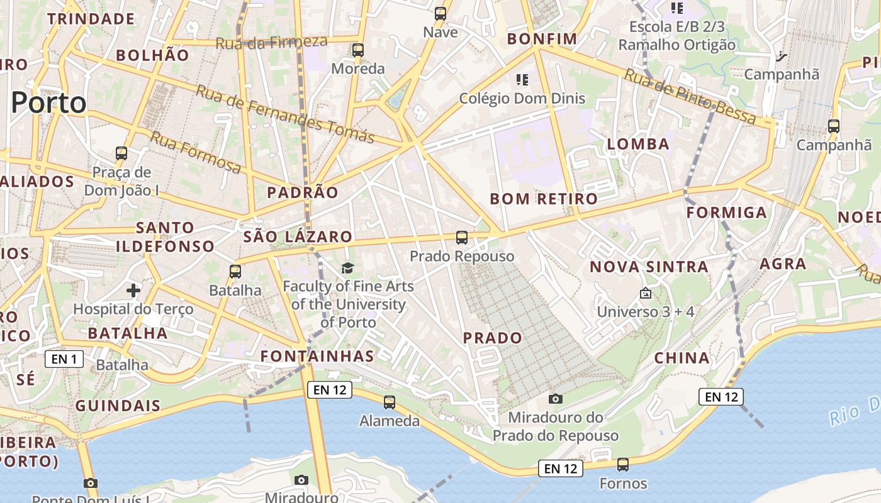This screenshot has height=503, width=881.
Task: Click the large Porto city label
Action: [x=48, y=103]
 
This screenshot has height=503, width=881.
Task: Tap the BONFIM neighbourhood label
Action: [x=542, y=39]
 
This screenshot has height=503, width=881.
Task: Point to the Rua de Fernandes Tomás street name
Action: [x=285, y=114]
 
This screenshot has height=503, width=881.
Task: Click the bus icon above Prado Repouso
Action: [x=462, y=238]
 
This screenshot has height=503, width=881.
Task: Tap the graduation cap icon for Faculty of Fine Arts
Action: [x=348, y=269]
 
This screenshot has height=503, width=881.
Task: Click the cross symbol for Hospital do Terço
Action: [x=133, y=290]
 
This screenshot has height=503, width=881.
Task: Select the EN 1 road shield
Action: [x=64, y=360]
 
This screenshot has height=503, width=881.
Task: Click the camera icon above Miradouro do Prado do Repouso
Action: [x=555, y=399]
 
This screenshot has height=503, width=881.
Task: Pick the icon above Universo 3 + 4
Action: [x=645, y=293]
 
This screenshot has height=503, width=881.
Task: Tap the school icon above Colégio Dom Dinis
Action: [x=522, y=80]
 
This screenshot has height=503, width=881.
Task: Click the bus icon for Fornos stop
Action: [x=623, y=465]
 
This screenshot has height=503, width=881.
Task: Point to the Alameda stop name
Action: [x=390, y=421]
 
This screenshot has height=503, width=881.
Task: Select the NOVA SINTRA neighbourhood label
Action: [x=649, y=267]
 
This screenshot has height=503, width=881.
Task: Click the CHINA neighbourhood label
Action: [x=682, y=358]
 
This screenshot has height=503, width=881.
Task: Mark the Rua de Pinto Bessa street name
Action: [x=690, y=96]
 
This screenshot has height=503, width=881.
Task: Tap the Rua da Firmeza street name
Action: [x=271, y=43]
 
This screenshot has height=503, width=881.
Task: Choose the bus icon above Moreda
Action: [x=358, y=50]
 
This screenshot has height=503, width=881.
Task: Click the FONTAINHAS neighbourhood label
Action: [x=317, y=357]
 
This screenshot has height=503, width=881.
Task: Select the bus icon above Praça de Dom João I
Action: [x=121, y=153]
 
